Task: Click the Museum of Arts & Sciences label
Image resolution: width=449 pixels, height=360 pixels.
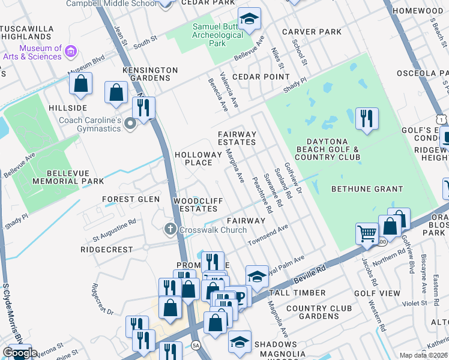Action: click(40, 53)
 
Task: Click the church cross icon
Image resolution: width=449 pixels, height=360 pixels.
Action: click(170, 229)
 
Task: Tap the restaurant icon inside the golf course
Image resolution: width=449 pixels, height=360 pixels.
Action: click(366, 118)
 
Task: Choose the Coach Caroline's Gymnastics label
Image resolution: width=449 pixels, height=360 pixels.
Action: click(90, 124)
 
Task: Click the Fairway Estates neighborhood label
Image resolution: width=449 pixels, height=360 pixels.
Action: click(237, 138)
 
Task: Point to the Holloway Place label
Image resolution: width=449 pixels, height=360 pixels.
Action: click(193, 158)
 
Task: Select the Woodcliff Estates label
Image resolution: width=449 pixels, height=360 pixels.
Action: click(195, 204)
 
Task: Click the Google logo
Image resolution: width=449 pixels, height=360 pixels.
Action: click(19, 353)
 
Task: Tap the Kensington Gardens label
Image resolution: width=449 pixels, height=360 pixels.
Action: click(150, 74)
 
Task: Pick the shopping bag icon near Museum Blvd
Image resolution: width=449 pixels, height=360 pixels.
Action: click(80, 84)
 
